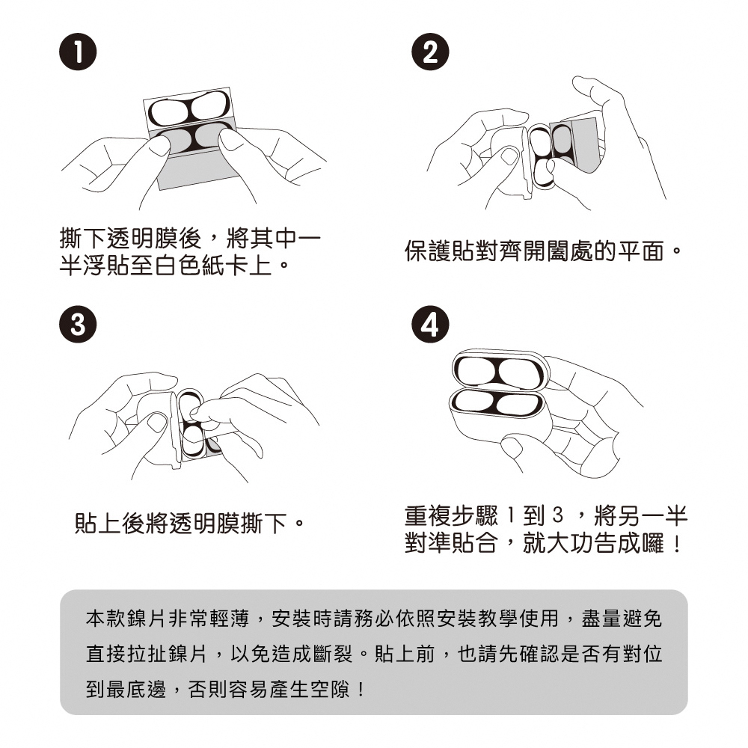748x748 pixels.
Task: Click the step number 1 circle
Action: coord(78,52)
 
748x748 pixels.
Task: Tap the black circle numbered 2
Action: coord(430,52)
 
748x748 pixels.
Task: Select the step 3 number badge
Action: coord(78,325)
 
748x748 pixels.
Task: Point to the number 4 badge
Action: coord(430,325)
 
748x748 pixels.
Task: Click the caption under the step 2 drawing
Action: coord(542,251)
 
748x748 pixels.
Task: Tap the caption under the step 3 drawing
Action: coord(189,524)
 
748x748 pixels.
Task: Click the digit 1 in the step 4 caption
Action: coord(510,515)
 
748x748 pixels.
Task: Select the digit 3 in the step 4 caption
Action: coord(558,515)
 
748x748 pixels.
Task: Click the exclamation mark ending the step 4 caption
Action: coord(677,544)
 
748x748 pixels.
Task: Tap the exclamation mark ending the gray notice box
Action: coord(361,689)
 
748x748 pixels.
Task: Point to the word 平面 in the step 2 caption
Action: coord(641,251)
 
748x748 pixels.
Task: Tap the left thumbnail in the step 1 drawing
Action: coord(158,145)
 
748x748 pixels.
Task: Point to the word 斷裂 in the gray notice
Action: coord(333,654)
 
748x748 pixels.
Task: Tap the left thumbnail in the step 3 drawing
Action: coord(157,422)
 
